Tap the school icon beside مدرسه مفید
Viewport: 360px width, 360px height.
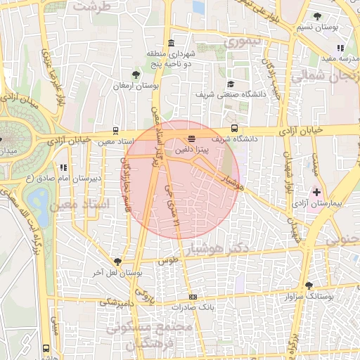tap(341, 49)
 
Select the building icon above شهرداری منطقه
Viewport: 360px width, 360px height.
tap(172, 43)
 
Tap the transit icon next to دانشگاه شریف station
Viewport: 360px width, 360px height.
tap(234, 129)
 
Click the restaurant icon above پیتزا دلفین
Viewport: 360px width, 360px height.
tap(192, 139)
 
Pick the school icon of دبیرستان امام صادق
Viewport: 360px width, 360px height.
tap(63, 167)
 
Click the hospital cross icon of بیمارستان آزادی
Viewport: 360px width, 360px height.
tap(316, 191)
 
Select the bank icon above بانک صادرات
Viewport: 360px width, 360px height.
tap(193, 297)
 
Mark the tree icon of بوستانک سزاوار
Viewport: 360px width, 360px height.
tap(309, 285)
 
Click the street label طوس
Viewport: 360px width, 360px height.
tap(166, 260)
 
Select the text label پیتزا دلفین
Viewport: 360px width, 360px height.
tap(192, 150)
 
